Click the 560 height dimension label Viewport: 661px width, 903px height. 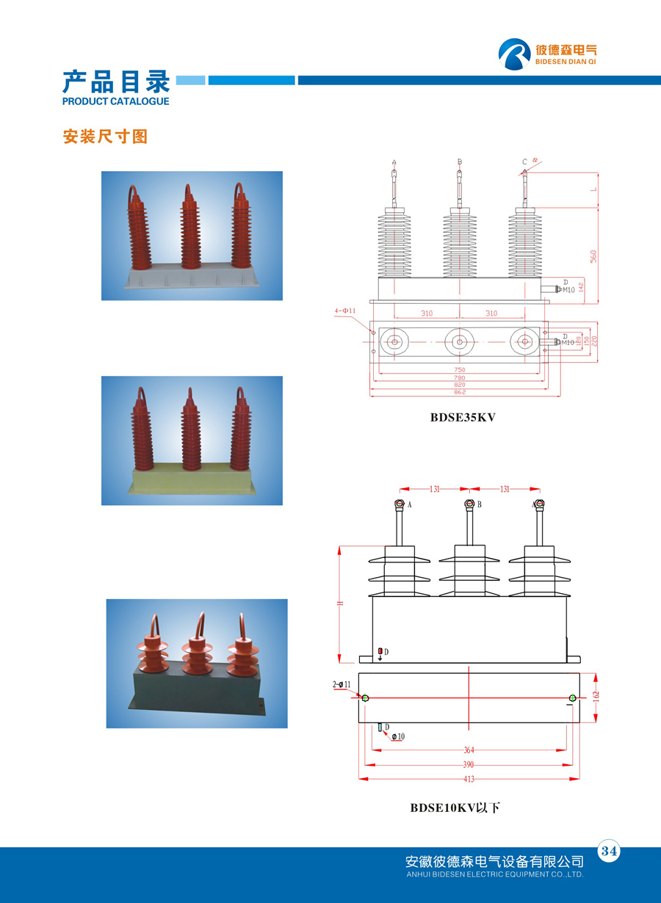[593, 255]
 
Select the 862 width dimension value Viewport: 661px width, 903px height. [460, 393]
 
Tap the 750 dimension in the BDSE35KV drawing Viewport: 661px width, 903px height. [460, 370]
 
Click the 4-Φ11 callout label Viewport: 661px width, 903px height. [345, 311]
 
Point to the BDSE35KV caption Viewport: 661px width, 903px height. [463, 418]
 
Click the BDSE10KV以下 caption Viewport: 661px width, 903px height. [455, 808]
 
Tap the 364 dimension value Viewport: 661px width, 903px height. [469, 750]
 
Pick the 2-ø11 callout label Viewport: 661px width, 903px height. [342, 685]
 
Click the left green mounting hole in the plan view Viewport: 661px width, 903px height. [366, 697]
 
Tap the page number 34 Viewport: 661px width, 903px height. [610, 852]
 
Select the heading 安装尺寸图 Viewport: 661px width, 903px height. [105, 137]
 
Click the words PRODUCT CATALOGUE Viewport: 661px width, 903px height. [116, 101]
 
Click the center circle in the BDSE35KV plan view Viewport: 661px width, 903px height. [460, 341]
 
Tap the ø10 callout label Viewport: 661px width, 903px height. [397, 736]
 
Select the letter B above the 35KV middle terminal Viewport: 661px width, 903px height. [460, 162]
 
